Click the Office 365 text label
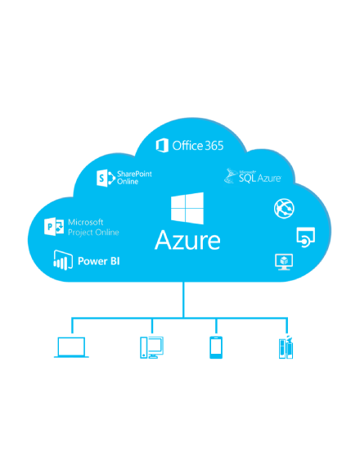[x=198, y=146]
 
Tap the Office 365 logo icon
[x=162, y=146]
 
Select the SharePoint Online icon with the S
[x=106, y=179]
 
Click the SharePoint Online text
[x=134, y=178]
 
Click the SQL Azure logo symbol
[x=231, y=176]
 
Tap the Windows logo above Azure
[x=187, y=208]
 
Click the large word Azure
[x=187, y=240]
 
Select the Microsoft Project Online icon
[x=54, y=226]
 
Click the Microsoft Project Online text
[x=93, y=227]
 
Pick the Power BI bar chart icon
[x=63, y=260]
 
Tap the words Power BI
[x=99, y=261]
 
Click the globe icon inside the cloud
[x=284, y=208]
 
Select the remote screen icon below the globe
[x=305, y=237]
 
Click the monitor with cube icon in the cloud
[x=284, y=262]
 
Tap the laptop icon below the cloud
[x=71, y=347]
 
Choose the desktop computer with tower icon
[x=151, y=347]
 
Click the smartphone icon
[x=216, y=347]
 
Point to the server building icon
[x=286, y=347]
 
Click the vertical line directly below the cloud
[x=183, y=300]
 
